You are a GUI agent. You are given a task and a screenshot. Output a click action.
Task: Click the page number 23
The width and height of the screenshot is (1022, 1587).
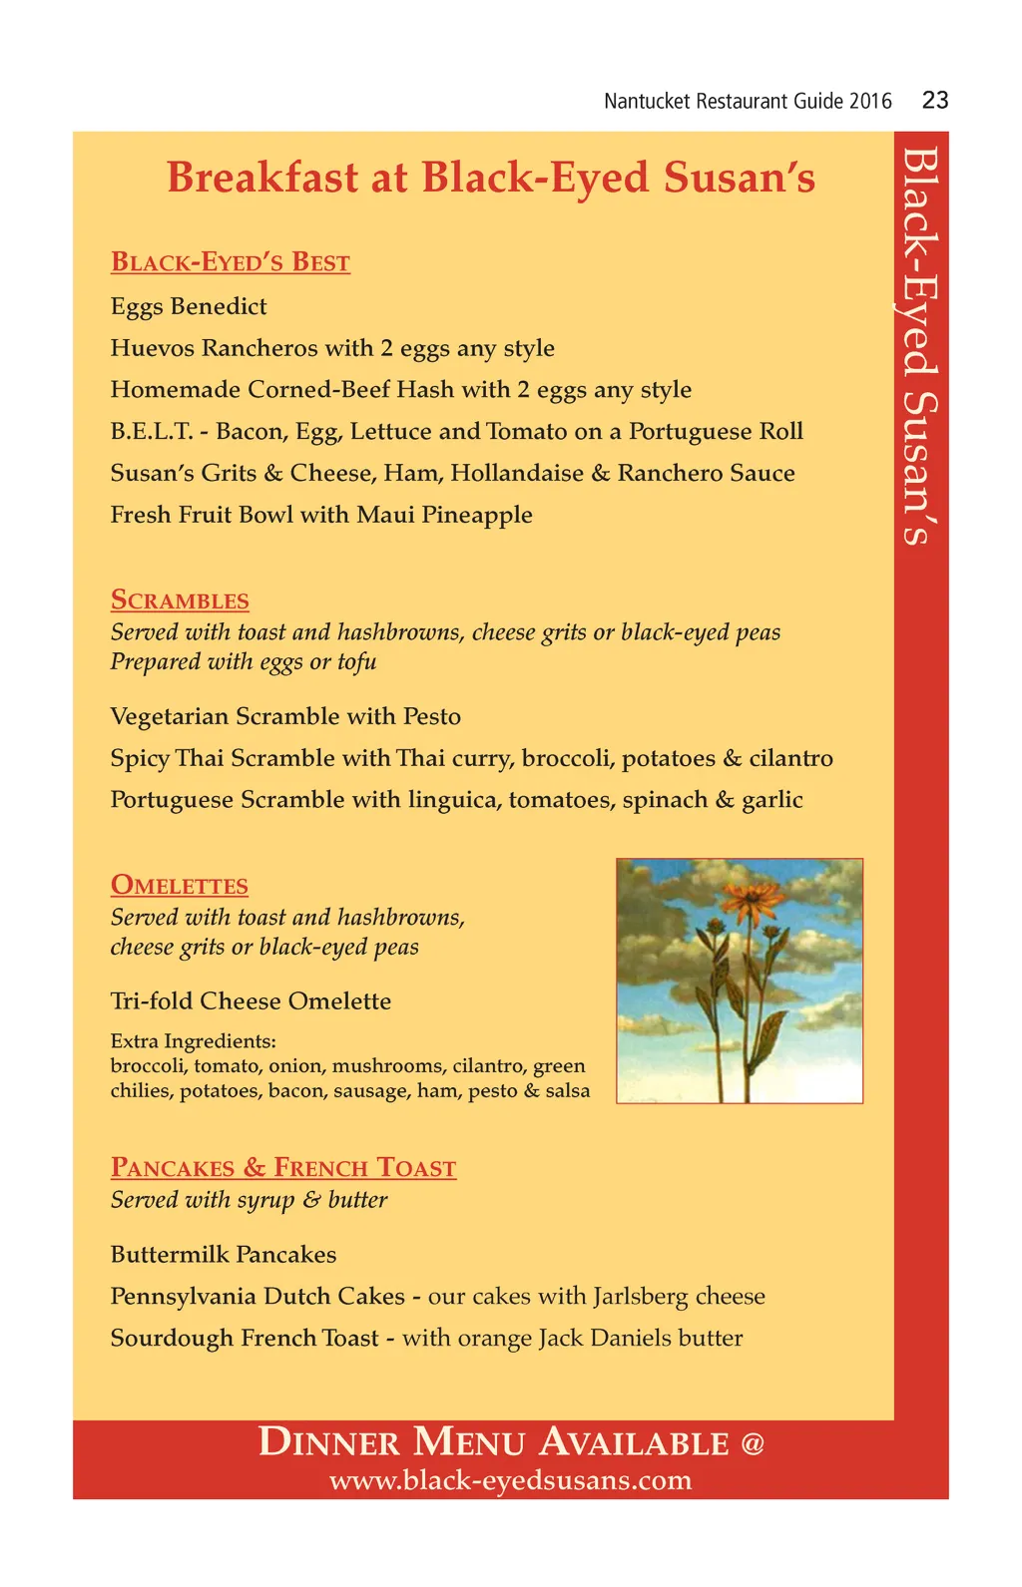point(935,100)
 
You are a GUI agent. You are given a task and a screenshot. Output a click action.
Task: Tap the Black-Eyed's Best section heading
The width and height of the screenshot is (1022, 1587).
point(231,262)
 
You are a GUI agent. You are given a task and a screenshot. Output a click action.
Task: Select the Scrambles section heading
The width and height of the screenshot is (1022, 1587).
point(180,600)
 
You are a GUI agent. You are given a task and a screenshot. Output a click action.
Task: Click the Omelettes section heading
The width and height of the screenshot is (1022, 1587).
point(180,886)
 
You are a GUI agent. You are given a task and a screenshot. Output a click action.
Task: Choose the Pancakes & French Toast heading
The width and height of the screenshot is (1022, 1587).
point(283,1168)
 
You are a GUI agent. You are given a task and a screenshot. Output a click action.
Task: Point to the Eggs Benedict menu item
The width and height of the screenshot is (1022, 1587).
point(189,306)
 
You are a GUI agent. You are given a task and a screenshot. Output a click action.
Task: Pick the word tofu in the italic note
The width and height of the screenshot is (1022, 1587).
point(356,662)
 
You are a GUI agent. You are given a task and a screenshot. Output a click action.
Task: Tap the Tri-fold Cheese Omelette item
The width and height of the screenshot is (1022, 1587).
point(251,1001)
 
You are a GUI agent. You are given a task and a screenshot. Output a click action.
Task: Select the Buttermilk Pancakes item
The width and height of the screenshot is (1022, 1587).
point(224,1255)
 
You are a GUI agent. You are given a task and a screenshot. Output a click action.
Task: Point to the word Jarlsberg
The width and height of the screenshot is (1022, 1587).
point(640,1297)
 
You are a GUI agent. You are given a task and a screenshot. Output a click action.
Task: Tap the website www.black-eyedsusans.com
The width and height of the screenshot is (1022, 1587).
point(510,1480)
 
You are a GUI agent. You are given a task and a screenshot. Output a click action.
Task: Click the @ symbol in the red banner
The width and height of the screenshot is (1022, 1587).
point(753,1443)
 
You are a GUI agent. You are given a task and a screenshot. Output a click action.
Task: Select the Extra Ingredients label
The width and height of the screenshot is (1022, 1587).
point(193,1041)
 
